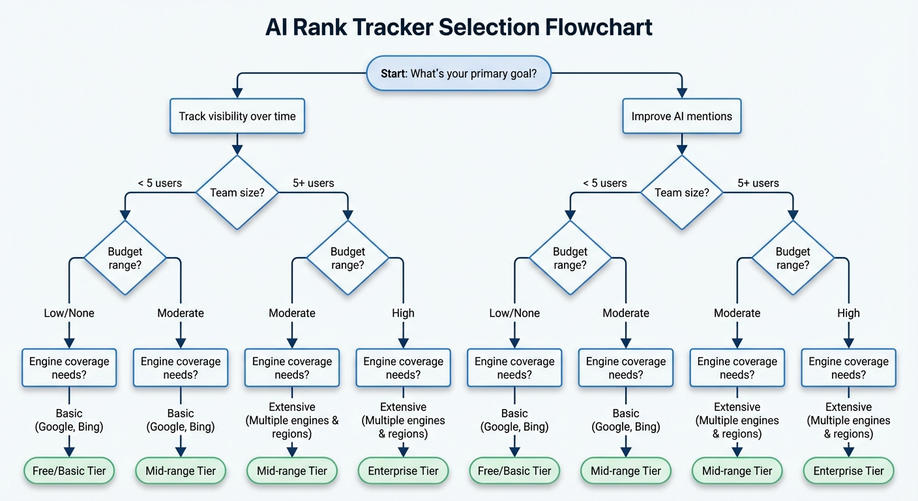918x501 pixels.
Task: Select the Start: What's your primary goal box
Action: coord(458,73)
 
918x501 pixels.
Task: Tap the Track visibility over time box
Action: coord(237,117)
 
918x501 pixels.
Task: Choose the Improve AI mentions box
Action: coord(681,117)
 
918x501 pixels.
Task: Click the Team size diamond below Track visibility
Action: coord(237,192)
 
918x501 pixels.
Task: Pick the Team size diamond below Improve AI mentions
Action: coord(681,192)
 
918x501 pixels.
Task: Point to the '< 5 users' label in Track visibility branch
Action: coord(160,183)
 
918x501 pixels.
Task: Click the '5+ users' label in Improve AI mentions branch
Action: coord(758,183)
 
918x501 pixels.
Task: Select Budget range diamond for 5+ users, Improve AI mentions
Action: coord(793,258)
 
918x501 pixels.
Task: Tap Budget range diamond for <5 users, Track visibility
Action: coord(125,258)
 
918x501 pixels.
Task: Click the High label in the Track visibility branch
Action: coord(403,313)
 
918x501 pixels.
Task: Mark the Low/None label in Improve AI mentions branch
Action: coord(514,313)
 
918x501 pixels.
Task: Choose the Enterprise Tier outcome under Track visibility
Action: coord(403,471)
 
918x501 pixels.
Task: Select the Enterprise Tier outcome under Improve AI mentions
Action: coord(848,471)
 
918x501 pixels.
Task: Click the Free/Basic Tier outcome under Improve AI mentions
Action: coord(514,471)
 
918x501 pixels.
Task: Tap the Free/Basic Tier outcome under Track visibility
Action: coord(69,471)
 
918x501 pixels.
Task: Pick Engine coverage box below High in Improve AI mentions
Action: coord(848,368)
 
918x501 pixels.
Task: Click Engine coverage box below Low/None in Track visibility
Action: coord(69,368)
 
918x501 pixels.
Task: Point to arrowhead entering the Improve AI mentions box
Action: coord(681,94)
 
